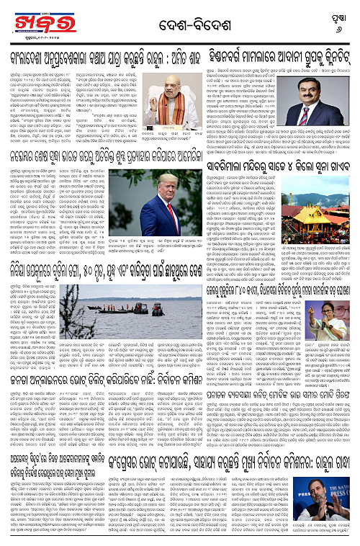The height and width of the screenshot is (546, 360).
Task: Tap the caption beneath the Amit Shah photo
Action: pyautogui.click(x=227, y=136)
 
